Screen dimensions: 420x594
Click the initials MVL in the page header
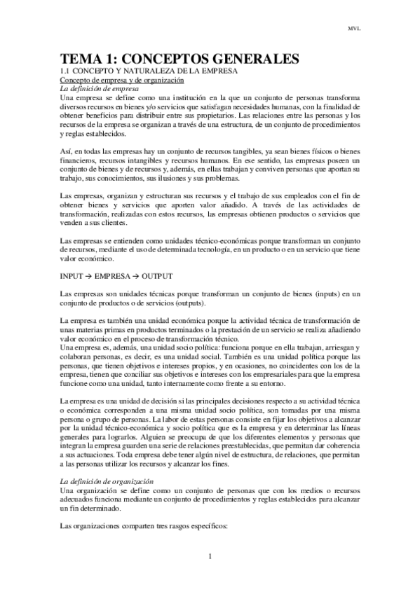point(353,29)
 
